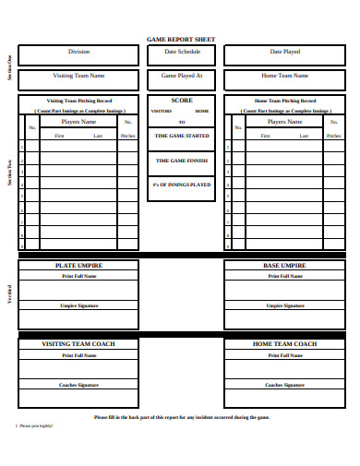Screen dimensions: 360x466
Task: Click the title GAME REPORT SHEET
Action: [181, 40]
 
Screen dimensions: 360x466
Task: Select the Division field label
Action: [79, 52]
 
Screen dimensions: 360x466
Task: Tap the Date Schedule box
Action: [182, 52]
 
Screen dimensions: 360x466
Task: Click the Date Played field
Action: [284, 52]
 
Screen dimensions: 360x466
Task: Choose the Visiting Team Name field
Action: [79, 76]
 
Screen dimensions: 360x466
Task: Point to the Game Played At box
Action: [182, 76]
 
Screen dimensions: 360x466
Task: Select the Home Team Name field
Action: [284, 76]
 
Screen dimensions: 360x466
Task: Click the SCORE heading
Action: [182, 100]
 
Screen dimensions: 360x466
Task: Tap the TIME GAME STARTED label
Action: [182, 136]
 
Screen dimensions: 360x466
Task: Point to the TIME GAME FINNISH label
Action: [182, 160]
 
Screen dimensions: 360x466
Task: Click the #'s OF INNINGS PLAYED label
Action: [182, 184]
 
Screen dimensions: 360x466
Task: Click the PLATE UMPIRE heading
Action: [79, 266]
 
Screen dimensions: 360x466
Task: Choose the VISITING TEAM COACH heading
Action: [79, 344]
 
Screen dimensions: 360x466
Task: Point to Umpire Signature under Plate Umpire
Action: [79, 305]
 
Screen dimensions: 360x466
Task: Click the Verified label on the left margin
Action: [10, 293]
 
